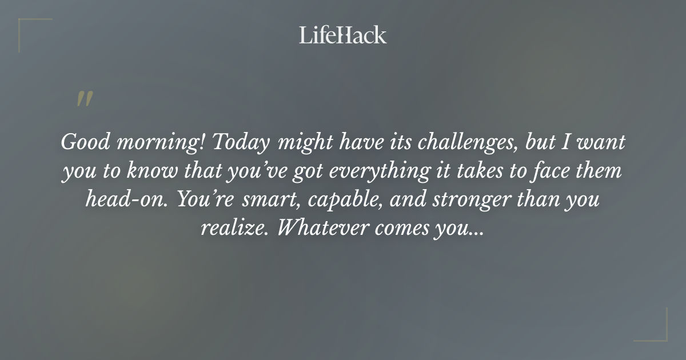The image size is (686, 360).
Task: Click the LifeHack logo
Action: (343, 35)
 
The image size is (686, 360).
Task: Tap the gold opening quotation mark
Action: (85, 99)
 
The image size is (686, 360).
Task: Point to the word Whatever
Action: (322, 229)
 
